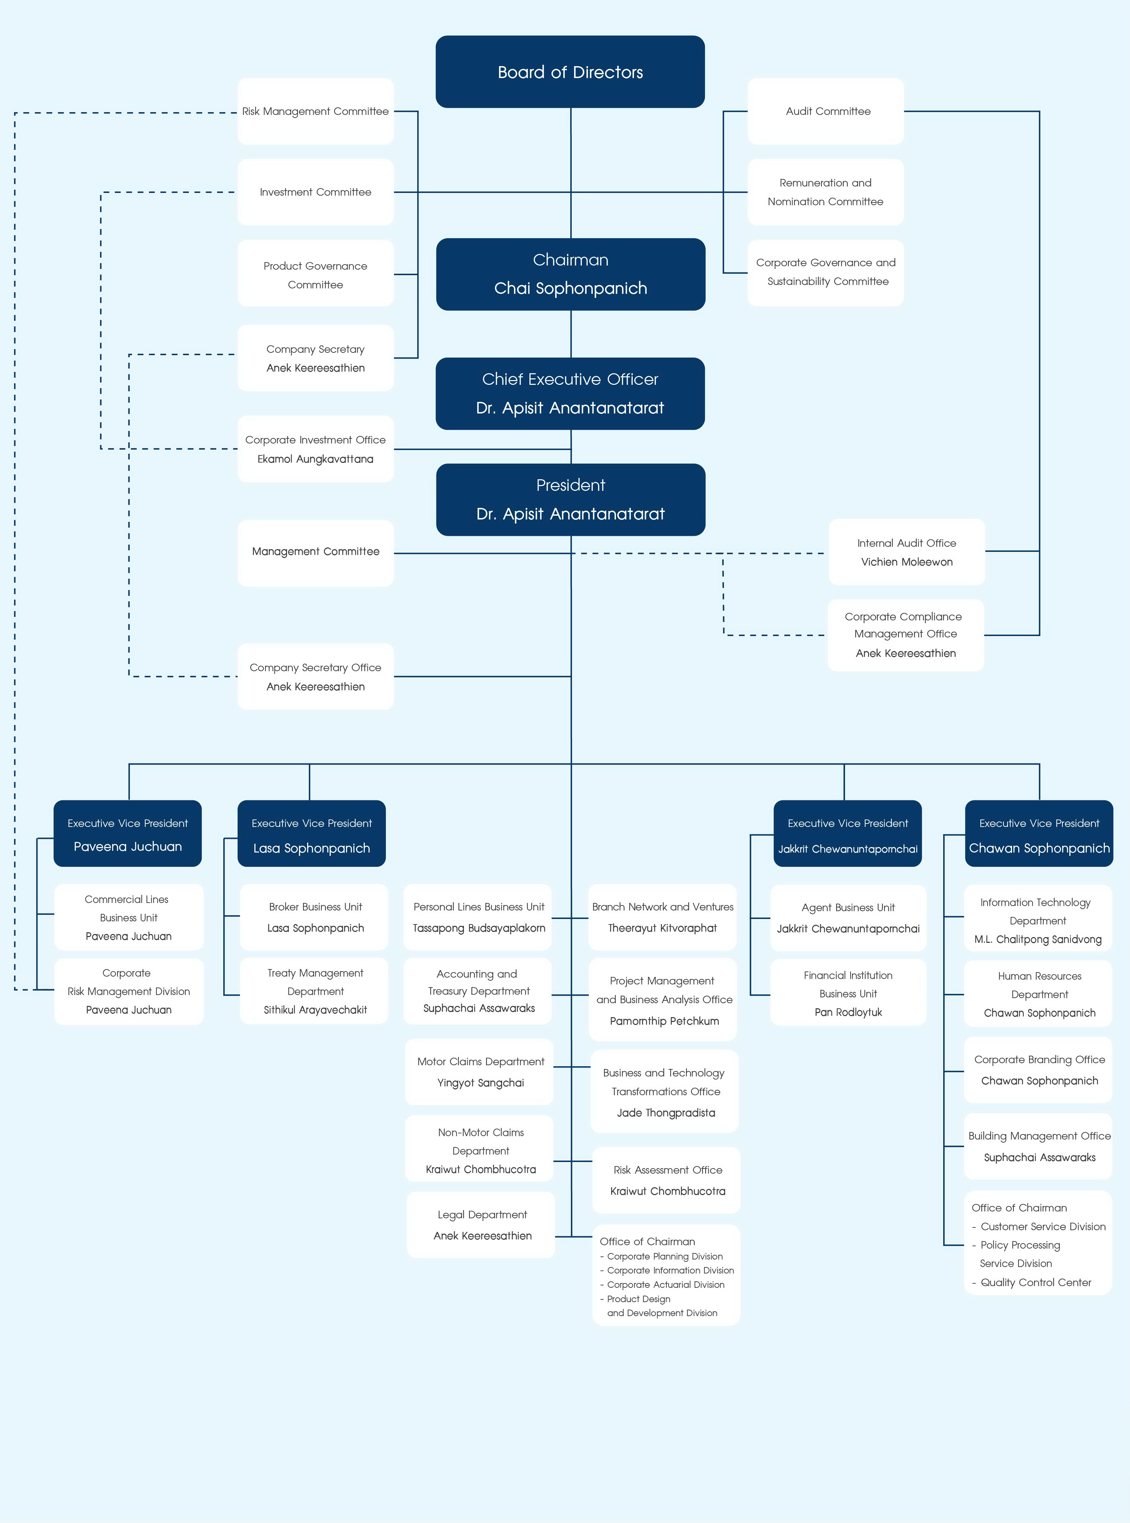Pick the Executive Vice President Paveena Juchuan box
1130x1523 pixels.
coord(128,834)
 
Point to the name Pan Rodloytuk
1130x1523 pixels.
coord(848,1012)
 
